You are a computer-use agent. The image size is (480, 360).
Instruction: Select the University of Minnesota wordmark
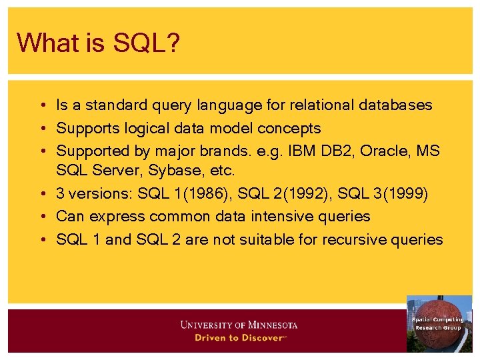(x=239, y=325)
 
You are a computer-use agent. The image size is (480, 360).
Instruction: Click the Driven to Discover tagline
(x=239, y=337)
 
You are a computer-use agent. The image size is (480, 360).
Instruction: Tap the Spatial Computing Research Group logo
(x=439, y=323)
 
